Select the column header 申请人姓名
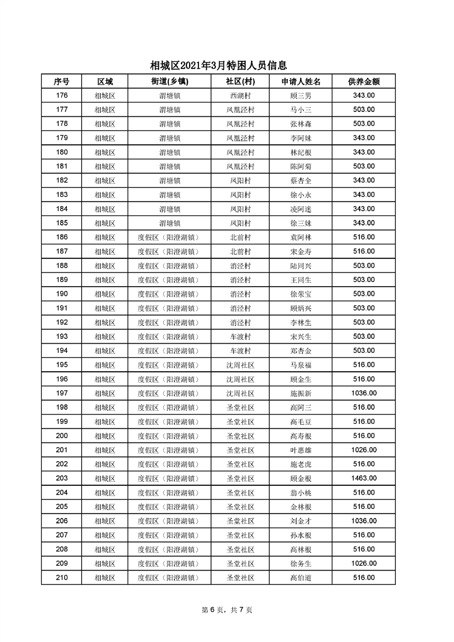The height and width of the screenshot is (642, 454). [301, 81]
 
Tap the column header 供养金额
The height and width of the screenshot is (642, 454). [364, 81]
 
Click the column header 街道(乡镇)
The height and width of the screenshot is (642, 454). [169, 81]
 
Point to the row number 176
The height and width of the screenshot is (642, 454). [62, 95]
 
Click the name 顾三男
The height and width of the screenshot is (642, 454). [301, 95]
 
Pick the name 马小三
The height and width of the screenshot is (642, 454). [301, 110]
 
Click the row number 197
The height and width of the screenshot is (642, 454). [62, 393]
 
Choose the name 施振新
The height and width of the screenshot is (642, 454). [301, 393]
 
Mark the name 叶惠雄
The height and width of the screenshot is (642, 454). [301, 450]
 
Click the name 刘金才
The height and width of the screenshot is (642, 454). [301, 521]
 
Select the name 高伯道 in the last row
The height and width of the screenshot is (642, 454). [301, 578]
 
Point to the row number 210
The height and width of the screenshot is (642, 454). [62, 578]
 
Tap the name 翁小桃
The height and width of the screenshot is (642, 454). [301, 492]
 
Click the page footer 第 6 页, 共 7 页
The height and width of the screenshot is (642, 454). [227, 610]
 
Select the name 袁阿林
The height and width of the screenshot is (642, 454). [301, 237]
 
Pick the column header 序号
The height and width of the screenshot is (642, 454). [62, 81]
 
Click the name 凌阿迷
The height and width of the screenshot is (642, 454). [301, 209]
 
